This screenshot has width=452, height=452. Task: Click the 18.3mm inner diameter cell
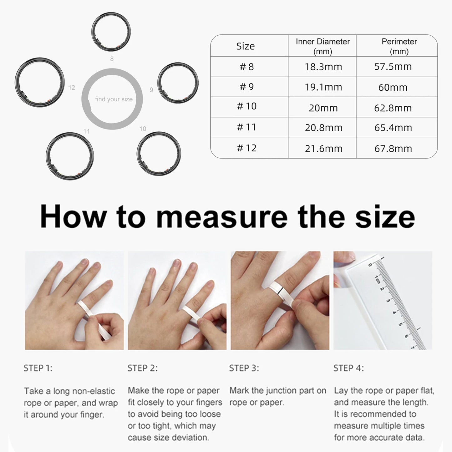pyautogui.click(x=323, y=67)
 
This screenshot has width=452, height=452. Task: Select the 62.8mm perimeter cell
pyautogui.click(x=393, y=108)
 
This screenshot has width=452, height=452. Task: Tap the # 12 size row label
pyautogui.click(x=246, y=148)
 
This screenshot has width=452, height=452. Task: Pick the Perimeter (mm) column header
pyautogui.click(x=399, y=46)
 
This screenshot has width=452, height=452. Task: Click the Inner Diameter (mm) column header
pyautogui.click(x=322, y=46)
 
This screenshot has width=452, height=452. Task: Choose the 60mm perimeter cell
pyautogui.click(x=393, y=87)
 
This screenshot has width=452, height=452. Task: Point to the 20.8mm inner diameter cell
pyautogui.click(x=323, y=128)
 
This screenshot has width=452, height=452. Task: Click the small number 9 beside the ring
pyautogui.click(x=151, y=90)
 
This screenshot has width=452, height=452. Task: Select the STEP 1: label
pyautogui.click(x=38, y=368)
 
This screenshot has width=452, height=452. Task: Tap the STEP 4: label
pyautogui.click(x=348, y=368)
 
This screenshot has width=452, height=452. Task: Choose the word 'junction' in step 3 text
pyautogui.click(x=282, y=391)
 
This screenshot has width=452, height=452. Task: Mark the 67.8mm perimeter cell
pyautogui.click(x=393, y=149)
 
